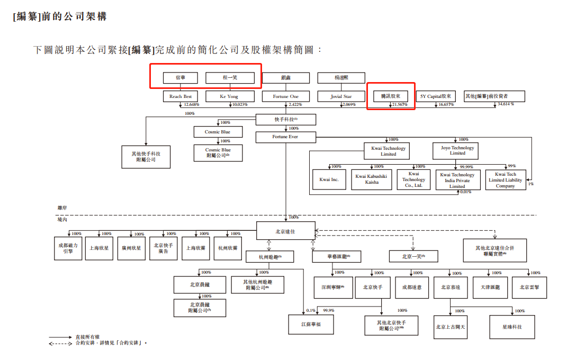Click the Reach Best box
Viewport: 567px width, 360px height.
[x=181, y=96]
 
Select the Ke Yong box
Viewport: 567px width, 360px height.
[x=229, y=96]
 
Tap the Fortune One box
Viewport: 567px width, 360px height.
[x=285, y=96]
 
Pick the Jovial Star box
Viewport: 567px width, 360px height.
[x=341, y=96]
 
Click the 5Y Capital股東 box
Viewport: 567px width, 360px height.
[x=436, y=96]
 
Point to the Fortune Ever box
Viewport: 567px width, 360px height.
[x=285, y=137]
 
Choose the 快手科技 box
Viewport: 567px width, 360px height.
[x=285, y=120]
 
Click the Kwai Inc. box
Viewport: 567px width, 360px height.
[x=329, y=179]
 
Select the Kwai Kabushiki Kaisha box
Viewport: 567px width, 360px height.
[x=371, y=179]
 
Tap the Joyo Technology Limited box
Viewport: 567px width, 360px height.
[x=457, y=150]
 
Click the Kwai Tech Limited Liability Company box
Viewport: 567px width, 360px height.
[x=505, y=180]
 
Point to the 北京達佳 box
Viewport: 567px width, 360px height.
[x=285, y=230]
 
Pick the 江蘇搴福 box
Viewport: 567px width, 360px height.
[x=311, y=324]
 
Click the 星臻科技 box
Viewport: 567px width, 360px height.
[x=512, y=327]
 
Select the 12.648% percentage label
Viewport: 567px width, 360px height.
[x=191, y=105]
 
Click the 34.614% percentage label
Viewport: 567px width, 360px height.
[x=506, y=104]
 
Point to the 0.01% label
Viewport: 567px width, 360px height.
[x=465, y=192]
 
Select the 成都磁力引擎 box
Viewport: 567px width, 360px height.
[x=68, y=248]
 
